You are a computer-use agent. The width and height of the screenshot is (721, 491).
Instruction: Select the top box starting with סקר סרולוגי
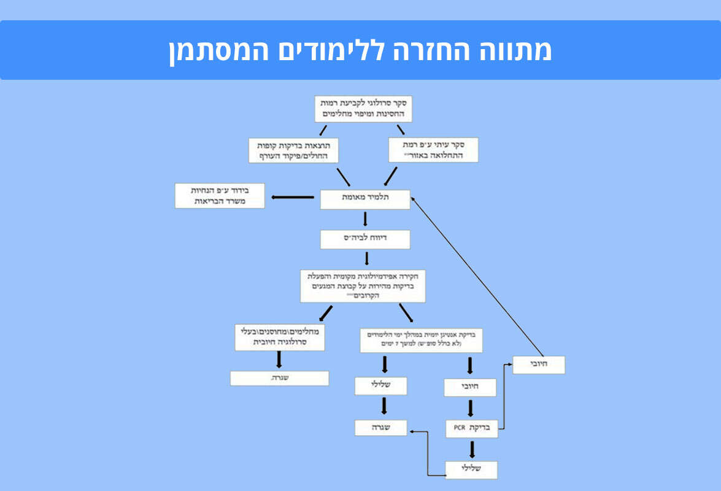[363, 109]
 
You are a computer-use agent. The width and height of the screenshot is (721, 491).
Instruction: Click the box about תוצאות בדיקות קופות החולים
[294, 150]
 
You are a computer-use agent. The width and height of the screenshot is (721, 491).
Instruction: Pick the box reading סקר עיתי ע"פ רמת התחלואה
[433, 150]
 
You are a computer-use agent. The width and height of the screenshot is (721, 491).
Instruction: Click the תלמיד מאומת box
[365, 199]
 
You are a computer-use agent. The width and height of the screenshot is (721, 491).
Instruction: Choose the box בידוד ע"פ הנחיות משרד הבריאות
[220, 196]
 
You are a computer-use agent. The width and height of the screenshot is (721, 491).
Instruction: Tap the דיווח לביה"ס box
[365, 239]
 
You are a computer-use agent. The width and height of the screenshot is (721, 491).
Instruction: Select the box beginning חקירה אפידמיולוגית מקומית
[363, 285]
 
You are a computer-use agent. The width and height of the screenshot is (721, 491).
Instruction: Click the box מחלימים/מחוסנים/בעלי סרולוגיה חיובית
[279, 337]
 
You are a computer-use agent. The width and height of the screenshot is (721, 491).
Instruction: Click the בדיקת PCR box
[471, 428]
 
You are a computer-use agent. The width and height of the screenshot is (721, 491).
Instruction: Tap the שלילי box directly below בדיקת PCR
[471, 470]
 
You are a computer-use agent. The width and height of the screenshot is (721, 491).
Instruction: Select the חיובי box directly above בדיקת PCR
[470, 387]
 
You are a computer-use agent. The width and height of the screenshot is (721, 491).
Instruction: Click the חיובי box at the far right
[538, 365]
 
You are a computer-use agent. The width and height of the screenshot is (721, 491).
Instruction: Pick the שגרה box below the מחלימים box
[279, 379]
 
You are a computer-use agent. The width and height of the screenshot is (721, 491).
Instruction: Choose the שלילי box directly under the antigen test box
[380, 386]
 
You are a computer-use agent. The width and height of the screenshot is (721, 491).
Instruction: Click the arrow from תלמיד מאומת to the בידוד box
[293, 197]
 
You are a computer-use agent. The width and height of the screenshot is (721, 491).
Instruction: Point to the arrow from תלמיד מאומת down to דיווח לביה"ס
[365, 220]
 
